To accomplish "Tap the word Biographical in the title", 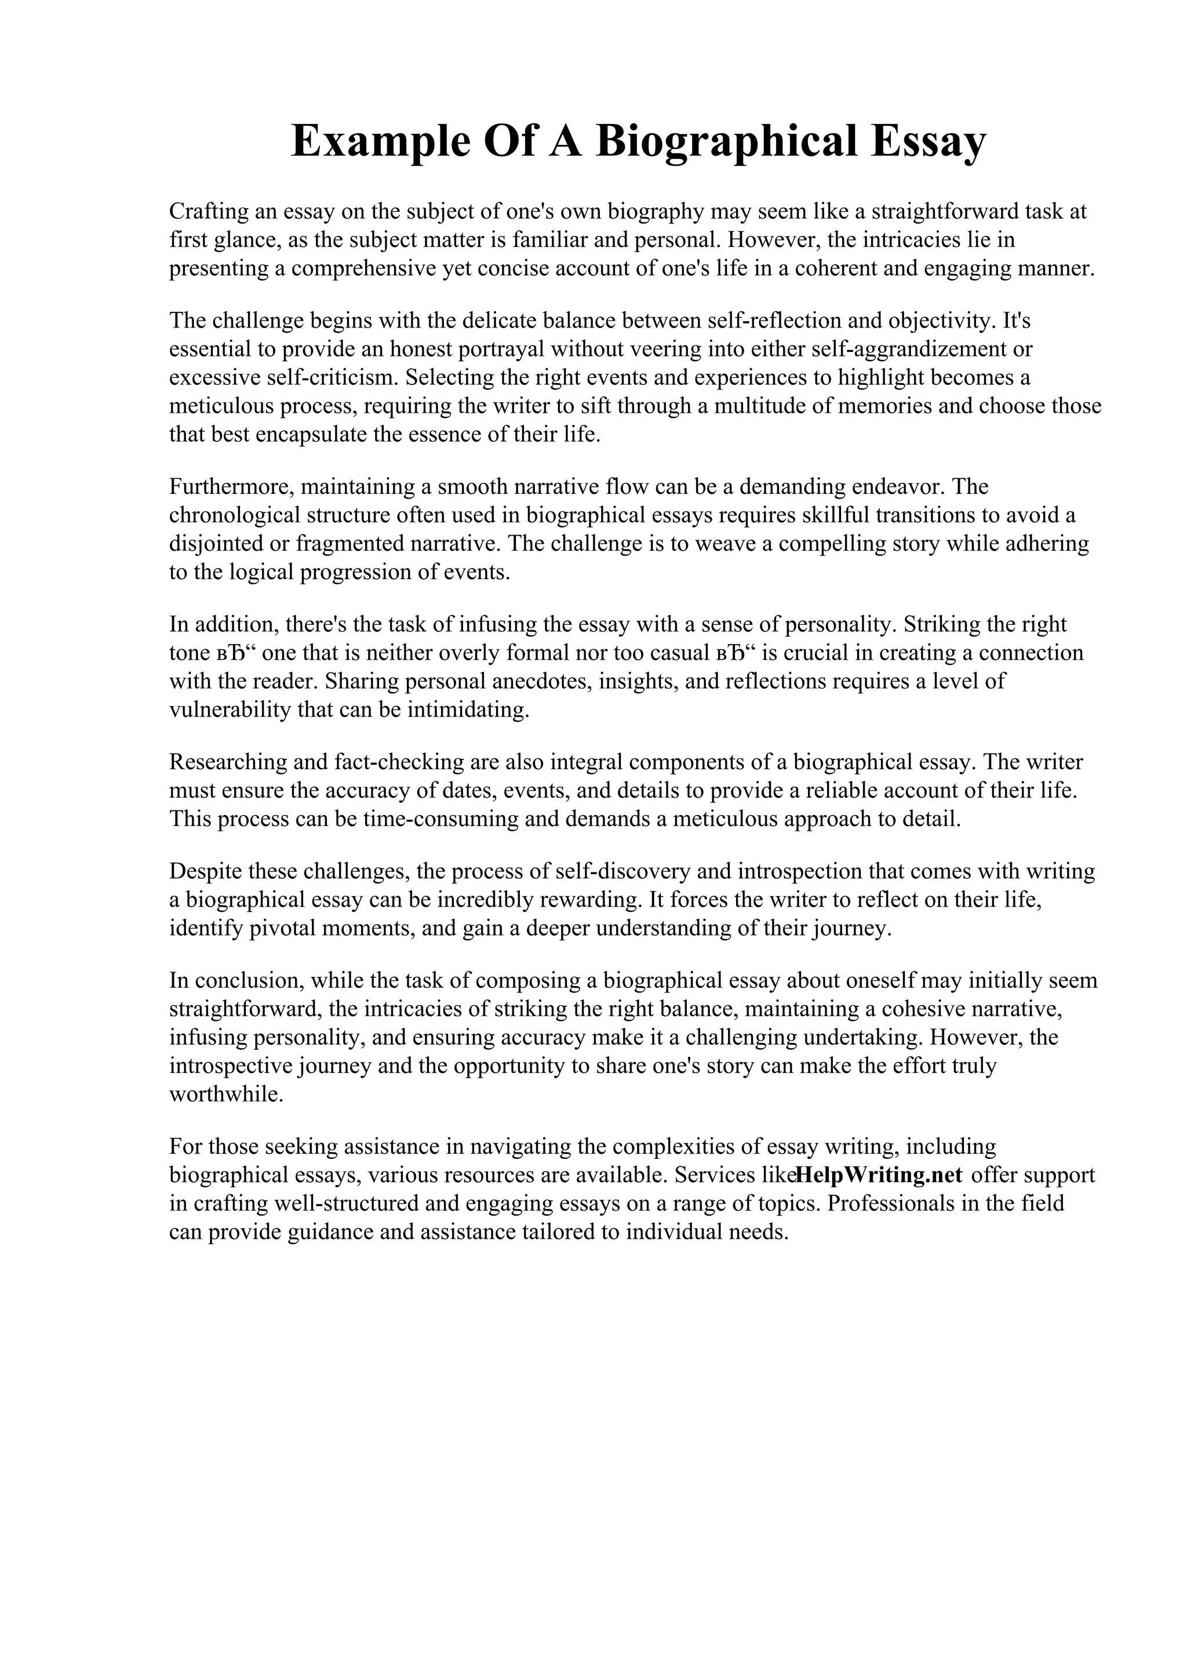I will click(726, 141).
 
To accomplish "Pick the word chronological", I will click(232, 515).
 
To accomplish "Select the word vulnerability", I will click(230, 710).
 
